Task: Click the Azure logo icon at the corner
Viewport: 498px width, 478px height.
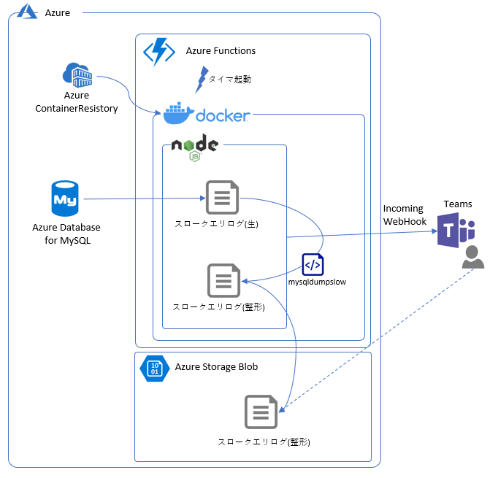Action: [28, 11]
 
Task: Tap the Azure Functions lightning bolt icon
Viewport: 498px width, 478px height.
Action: [158, 52]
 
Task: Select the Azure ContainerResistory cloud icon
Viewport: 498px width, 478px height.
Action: [77, 74]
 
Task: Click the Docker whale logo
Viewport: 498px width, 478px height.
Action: [177, 115]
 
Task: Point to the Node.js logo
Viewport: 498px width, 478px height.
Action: [194, 146]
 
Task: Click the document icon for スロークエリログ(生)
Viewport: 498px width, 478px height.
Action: [222, 198]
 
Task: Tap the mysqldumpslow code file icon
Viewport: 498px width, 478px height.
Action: [313, 263]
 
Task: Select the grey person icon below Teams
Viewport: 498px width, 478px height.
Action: [472, 257]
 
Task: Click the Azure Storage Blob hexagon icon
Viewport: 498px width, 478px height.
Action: [154, 368]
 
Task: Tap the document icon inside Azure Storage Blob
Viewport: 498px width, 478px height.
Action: [261, 413]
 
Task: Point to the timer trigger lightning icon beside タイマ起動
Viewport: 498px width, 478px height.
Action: [201, 79]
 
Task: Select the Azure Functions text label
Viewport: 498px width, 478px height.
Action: [221, 51]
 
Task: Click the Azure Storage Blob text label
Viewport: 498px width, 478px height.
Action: [216, 366]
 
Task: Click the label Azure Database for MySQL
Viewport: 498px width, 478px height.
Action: [66, 234]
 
